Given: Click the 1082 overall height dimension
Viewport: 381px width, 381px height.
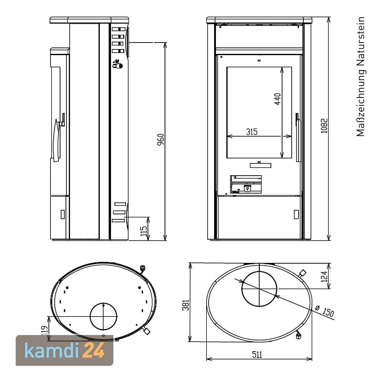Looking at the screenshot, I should pyautogui.click(x=324, y=126).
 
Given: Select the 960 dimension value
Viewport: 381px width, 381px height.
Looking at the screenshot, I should pyautogui.click(x=161, y=139).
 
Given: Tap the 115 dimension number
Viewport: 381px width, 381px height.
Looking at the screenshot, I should pyautogui.click(x=144, y=231).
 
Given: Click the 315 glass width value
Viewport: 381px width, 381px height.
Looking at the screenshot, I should pyautogui.click(x=252, y=132).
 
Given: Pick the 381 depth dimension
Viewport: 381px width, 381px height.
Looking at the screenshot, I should pyautogui.click(x=186, y=305).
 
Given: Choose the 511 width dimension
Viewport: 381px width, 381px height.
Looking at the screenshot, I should pyautogui.click(x=257, y=355).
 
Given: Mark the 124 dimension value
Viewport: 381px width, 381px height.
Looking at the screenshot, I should pyautogui.click(x=324, y=277).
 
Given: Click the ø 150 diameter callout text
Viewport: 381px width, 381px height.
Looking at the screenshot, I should pyautogui.click(x=325, y=311).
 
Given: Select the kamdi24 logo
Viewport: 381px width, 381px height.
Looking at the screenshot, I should pyautogui.click(x=65, y=351).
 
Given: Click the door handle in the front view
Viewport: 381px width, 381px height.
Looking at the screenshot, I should pyautogui.click(x=298, y=137).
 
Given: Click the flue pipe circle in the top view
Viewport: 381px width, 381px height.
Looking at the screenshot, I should pyautogui.click(x=259, y=289).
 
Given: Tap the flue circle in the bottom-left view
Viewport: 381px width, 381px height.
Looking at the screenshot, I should pyautogui.click(x=104, y=317).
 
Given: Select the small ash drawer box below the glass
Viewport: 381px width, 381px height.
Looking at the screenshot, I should pyautogui.click(x=246, y=184).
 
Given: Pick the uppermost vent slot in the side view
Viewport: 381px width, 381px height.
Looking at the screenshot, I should pyautogui.click(x=118, y=29).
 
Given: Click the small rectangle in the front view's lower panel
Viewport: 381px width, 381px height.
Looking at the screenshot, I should pyautogui.click(x=296, y=214).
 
